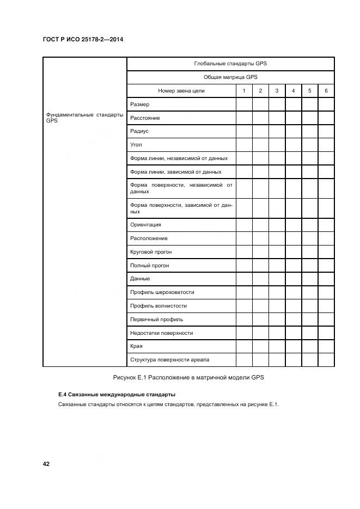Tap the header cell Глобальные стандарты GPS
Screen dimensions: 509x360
pyautogui.click(x=230, y=64)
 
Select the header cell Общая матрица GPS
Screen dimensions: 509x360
pyautogui.click(x=230, y=77)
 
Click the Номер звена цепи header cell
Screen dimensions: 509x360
pyautogui.click(x=181, y=91)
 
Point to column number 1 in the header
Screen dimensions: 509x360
pyautogui.click(x=244, y=91)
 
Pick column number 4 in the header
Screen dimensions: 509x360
pyautogui.click(x=293, y=91)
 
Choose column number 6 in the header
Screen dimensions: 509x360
pyautogui.click(x=326, y=91)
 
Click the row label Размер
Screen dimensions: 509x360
pyautogui.click(x=139, y=105)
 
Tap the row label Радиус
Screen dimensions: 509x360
pyautogui.click(x=139, y=131)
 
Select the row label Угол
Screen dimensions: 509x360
pyautogui.click(x=136, y=145)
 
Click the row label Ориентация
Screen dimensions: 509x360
pyautogui.click(x=145, y=225)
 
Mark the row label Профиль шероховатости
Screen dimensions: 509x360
pyautogui.click(x=162, y=292)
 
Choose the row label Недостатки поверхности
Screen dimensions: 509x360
pyautogui.click(x=161, y=333)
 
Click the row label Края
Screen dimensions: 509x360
pyautogui.click(x=136, y=346)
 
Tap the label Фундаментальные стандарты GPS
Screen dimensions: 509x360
pyautogui.click(x=84, y=118)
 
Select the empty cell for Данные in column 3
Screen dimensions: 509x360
pyautogui.click(x=277, y=279)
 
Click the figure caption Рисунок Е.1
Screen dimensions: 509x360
pyautogui.click(x=188, y=378)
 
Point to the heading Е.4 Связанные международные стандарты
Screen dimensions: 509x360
pyautogui.click(x=117, y=394)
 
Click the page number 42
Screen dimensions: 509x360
pyautogui.click(x=46, y=464)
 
